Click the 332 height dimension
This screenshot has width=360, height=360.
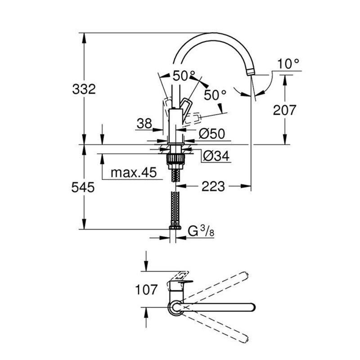pyautogui.click(x=84, y=89)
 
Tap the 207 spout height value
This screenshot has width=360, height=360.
pyautogui.click(x=284, y=109)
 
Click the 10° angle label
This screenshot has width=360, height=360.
pyautogui.click(x=288, y=64)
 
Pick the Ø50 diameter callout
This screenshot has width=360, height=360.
pyautogui.click(x=211, y=133)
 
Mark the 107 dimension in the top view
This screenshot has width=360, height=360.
pyautogui.click(x=145, y=289)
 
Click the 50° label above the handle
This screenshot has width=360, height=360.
pyautogui.click(x=184, y=76)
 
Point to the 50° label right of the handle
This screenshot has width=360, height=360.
pyautogui.click(x=215, y=95)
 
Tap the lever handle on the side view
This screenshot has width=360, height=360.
pyautogui.click(x=186, y=108)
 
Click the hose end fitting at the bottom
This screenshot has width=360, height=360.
pyautogui.click(x=175, y=229)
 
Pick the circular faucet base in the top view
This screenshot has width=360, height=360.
pyautogui.click(x=175, y=308)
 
